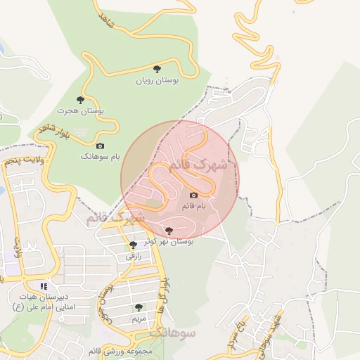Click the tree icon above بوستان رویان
[157, 69]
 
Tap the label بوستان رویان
[157, 81]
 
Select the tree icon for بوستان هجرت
[80, 100]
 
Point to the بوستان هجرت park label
[80, 112]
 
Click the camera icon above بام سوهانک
[100, 146]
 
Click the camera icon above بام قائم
[193, 195]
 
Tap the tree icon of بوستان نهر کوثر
[168, 230]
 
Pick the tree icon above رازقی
[134, 245]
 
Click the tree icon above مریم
[139, 307]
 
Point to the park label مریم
[139, 319]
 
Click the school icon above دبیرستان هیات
[44, 286]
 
